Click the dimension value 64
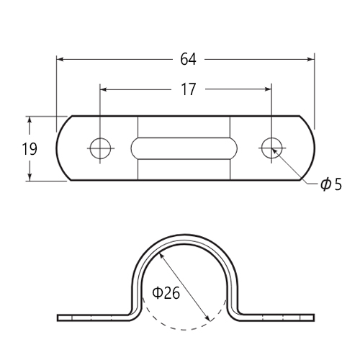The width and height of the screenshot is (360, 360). point(188,59)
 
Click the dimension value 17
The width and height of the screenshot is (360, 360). point(189,89)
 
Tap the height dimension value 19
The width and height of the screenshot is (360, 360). point(30,149)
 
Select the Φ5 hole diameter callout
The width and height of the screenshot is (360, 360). point(331,184)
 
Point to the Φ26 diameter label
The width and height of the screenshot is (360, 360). point(166,293)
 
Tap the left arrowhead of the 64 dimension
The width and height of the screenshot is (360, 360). point(60,59)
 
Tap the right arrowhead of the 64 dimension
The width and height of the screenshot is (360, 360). point(311,59)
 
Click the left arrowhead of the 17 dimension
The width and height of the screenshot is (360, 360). point(104,89)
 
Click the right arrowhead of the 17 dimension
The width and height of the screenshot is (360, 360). point(268,89)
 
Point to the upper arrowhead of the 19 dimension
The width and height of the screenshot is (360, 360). point(30,120)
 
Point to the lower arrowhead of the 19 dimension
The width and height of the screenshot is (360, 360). point(30,177)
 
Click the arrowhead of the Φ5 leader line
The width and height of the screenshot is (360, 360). point(274,151)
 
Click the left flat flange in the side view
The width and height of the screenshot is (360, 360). point(94,318)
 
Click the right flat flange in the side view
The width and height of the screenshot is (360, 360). point(276,318)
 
